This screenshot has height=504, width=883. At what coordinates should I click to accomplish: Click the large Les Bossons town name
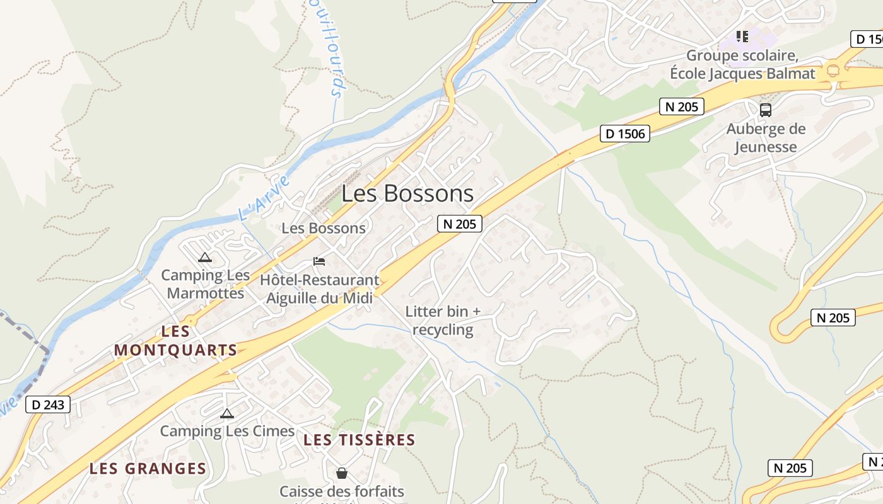(x=407, y=193)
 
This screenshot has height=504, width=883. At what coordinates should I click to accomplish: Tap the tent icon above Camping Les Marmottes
(x=204, y=257)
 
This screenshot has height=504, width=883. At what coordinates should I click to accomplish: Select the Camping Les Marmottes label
(x=206, y=284)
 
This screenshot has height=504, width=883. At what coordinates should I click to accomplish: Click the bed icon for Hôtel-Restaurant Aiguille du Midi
(x=319, y=261)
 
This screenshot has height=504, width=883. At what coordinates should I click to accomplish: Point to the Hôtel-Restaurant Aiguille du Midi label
(x=320, y=289)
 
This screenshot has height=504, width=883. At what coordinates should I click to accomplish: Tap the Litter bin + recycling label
(x=443, y=320)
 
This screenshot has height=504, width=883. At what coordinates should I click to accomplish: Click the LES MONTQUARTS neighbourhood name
(x=175, y=340)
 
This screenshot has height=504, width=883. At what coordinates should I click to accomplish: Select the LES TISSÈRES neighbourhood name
(x=360, y=440)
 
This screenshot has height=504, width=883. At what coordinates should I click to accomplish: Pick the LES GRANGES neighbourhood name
(x=148, y=469)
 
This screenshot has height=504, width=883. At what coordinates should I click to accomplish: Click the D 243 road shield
(x=48, y=404)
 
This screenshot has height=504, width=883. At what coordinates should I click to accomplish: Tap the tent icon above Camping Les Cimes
(x=227, y=413)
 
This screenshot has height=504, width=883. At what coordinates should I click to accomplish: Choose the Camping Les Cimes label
(x=227, y=431)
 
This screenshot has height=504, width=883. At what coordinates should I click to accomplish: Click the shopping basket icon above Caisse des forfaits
(x=342, y=472)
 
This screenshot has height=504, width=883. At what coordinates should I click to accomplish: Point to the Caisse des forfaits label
(x=342, y=491)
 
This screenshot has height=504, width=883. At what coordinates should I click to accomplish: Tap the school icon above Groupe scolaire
(x=742, y=37)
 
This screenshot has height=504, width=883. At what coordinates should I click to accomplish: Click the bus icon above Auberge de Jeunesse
(x=766, y=110)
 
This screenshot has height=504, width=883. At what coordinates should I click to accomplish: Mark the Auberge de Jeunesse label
(x=766, y=138)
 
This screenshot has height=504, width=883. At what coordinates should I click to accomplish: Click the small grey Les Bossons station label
(x=324, y=228)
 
